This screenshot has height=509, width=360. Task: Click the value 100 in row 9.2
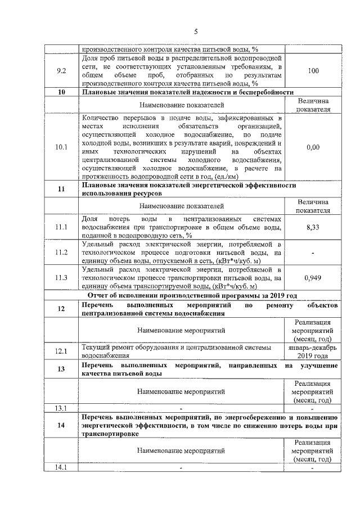(x=313, y=71)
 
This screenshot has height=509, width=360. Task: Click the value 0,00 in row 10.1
(x=313, y=147)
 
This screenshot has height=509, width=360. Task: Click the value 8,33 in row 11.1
(x=313, y=227)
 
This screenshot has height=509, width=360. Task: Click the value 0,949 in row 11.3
(x=313, y=277)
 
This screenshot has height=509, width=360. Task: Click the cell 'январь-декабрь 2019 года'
(x=313, y=352)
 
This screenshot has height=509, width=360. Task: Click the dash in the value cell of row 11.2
(x=313, y=253)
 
